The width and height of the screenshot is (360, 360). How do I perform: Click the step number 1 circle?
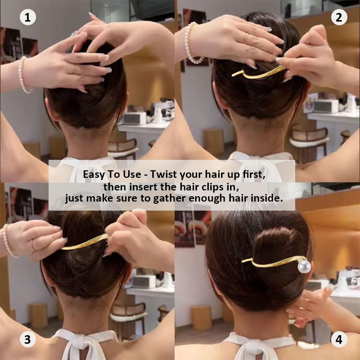click(28, 17)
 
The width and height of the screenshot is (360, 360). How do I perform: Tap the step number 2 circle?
click(339, 17)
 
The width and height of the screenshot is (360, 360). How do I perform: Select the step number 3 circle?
click(28, 339)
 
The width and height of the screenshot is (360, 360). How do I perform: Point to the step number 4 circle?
click(339, 339)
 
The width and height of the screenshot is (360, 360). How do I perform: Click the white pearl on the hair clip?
click(304, 266)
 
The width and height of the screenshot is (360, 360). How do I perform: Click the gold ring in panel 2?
click(246, 38)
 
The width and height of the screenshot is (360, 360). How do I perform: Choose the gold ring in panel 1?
click(75, 69)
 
